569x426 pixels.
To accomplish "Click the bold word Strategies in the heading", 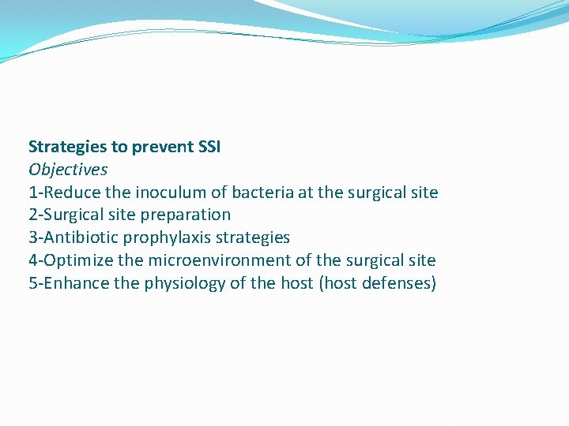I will tap(66, 147).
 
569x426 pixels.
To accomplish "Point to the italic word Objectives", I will tap(68, 170).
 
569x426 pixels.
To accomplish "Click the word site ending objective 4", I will tap(421, 260).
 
